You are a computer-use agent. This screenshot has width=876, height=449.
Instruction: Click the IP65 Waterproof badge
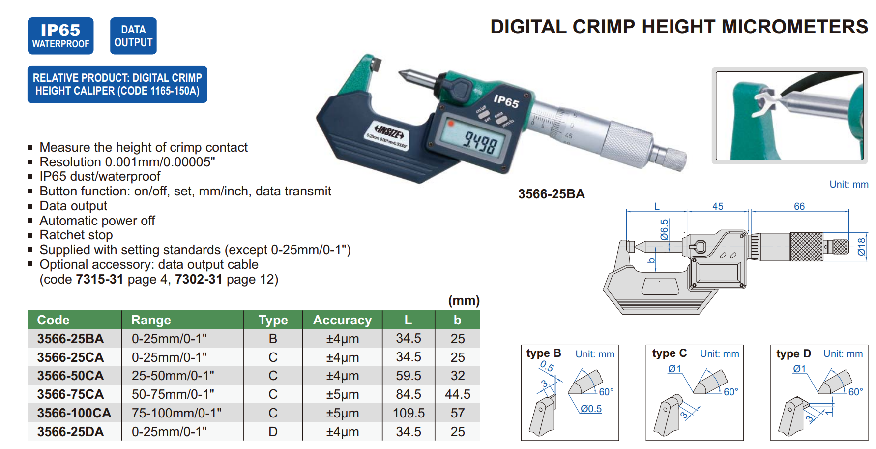pyautogui.click(x=60, y=36)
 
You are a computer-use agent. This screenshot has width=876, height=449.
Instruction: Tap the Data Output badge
pyautogui.click(x=133, y=36)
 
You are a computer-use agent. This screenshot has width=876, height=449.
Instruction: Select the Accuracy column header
pyautogui.click(x=342, y=320)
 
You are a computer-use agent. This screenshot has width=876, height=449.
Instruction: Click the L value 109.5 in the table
pyautogui.click(x=409, y=413)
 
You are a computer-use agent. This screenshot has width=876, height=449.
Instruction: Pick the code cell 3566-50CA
pyautogui.click(x=70, y=376)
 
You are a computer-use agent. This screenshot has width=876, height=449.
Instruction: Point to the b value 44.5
pyautogui.click(x=457, y=394)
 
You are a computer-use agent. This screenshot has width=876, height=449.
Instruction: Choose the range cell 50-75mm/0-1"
pyautogui.click(x=173, y=394)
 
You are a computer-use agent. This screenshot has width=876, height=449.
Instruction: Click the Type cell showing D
pyautogui.click(x=273, y=432)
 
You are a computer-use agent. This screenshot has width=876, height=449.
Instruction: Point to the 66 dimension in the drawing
pyautogui.click(x=799, y=206)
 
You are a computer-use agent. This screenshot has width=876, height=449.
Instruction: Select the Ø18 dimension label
pyautogui.click(x=861, y=246)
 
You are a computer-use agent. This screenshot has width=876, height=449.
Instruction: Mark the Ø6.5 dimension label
pyautogui.click(x=664, y=229)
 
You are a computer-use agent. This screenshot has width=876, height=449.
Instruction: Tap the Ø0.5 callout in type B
pyautogui.click(x=591, y=409)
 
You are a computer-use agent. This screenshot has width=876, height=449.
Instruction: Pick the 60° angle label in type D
pyautogui.click(x=855, y=392)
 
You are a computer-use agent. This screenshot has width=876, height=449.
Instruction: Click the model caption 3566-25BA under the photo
pyautogui.click(x=551, y=194)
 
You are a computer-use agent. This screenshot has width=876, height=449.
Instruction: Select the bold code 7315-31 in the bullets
pyautogui.click(x=99, y=279)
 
